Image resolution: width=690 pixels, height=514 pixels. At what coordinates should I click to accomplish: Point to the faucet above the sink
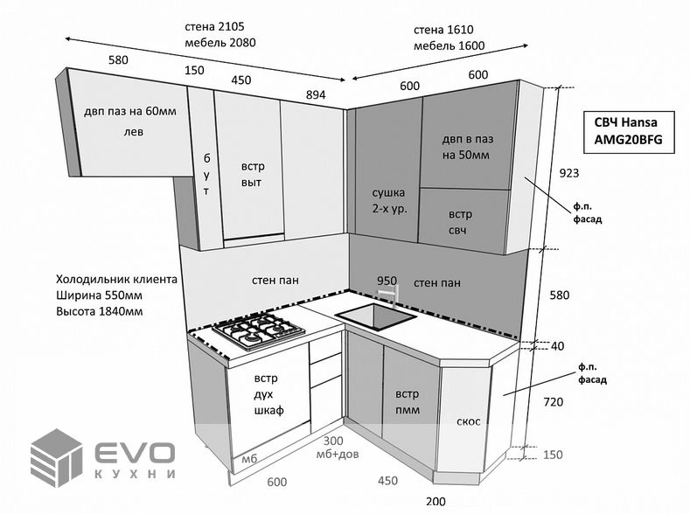click(393, 292)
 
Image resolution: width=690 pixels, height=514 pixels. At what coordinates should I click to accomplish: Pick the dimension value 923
click(569, 173)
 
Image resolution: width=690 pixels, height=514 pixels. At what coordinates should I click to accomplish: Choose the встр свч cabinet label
click(460, 221)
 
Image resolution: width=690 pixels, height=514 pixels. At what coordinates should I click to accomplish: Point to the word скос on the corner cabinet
click(468, 421)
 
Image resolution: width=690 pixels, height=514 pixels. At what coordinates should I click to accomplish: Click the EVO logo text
click(135, 453)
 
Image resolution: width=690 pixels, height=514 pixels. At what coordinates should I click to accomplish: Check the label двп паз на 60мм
click(130, 112)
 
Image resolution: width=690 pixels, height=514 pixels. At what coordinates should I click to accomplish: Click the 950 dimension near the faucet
click(387, 281)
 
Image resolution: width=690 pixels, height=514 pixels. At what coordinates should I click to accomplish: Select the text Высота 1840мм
click(99, 310)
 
